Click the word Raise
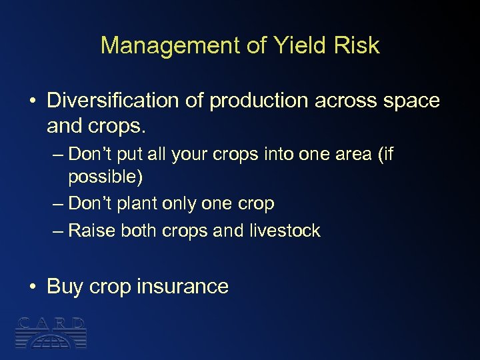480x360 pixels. (x=91, y=231)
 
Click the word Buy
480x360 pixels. (x=64, y=287)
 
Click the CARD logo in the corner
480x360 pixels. (x=51, y=331)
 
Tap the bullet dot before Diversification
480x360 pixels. (x=32, y=101)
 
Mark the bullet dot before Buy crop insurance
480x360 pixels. (x=32, y=287)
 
